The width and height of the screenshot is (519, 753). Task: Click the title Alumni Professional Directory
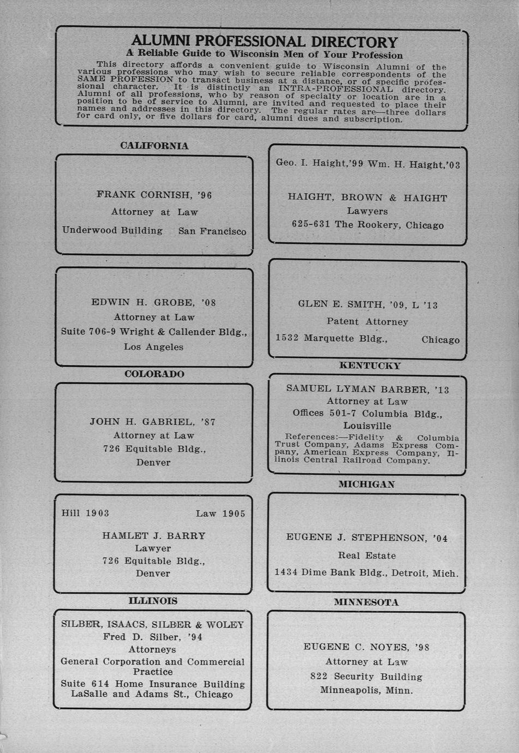click(x=265, y=41)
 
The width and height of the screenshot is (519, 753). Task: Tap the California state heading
click(x=154, y=146)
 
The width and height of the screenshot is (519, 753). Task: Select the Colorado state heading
click(x=154, y=374)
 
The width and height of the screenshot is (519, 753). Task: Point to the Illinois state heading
click(x=153, y=601)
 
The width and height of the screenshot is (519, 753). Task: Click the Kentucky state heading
click(x=369, y=366)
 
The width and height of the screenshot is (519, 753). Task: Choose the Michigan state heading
click(x=366, y=484)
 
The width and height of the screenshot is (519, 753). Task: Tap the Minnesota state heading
click(x=366, y=602)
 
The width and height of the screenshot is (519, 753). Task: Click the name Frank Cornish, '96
click(x=154, y=195)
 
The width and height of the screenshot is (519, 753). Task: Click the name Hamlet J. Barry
click(x=154, y=536)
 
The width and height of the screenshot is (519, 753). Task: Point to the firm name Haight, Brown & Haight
click(x=367, y=198)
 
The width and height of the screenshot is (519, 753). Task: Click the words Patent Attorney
click(x=367, y=321)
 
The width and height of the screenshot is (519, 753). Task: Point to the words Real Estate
click(x=367, y=555)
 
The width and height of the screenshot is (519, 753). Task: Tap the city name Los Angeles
click(x=153, y=346)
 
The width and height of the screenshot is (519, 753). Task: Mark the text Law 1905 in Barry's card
click(x=220, y=513)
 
